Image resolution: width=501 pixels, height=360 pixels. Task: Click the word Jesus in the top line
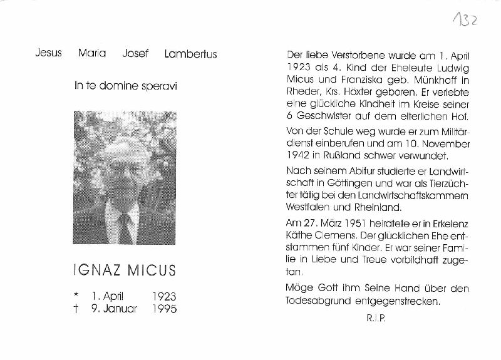click(48, 53)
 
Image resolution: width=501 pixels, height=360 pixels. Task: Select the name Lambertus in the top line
click(190, 54)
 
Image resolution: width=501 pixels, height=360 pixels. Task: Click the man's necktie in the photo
click(125, 228)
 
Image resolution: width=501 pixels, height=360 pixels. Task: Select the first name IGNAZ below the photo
click(95, 270)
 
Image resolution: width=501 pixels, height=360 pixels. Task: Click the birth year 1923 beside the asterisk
click(164, 297)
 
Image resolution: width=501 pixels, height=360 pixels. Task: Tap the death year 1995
click(164, 309)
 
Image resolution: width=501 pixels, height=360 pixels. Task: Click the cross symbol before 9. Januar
click(76, 309)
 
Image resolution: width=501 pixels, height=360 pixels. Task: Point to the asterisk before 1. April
click(76, 296)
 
